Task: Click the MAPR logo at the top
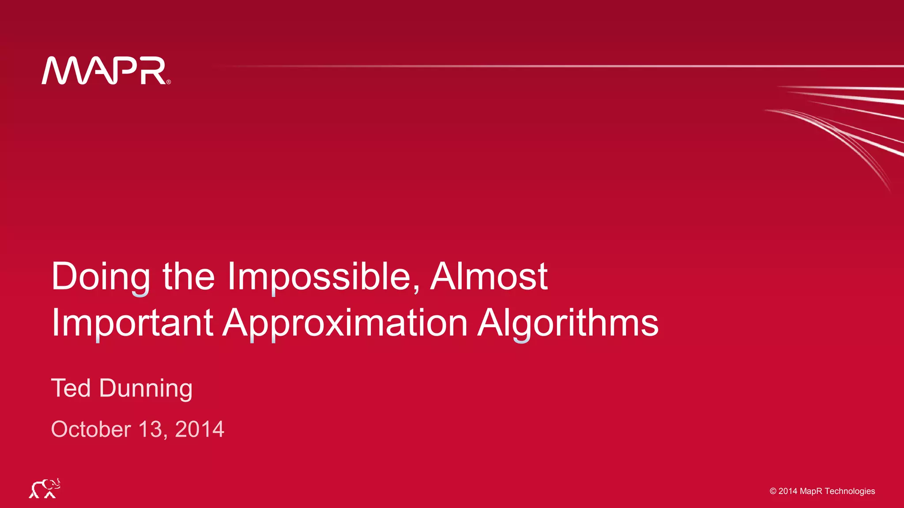pyautogui.click(x=105, y=71)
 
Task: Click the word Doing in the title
pyautogui.click(x=101, y=277)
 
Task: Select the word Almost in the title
pyautogui.click(x=489, y=277)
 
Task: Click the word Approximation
pyautogui.click(x=345, y=323)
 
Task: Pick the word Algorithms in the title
pyautogui.click(x=568, y=323)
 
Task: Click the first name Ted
pyautogui.click(x=71, y=388)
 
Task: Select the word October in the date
pyautogui.click(x=91, y=429)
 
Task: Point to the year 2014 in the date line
pyautogui.click(x=200, y=429)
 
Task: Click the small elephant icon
pyautogui.click(x=45, y=488)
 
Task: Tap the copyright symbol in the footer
pyautogui.click(x=773, y=491)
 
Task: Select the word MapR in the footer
pyautogui.click(x=811, y=491)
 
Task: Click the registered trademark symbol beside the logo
pyautogui.click(x=169, y=82)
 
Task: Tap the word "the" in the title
pyautogui.click(x=189, y=277)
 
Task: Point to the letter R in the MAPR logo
pyautogui.click(x=153, y=71)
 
